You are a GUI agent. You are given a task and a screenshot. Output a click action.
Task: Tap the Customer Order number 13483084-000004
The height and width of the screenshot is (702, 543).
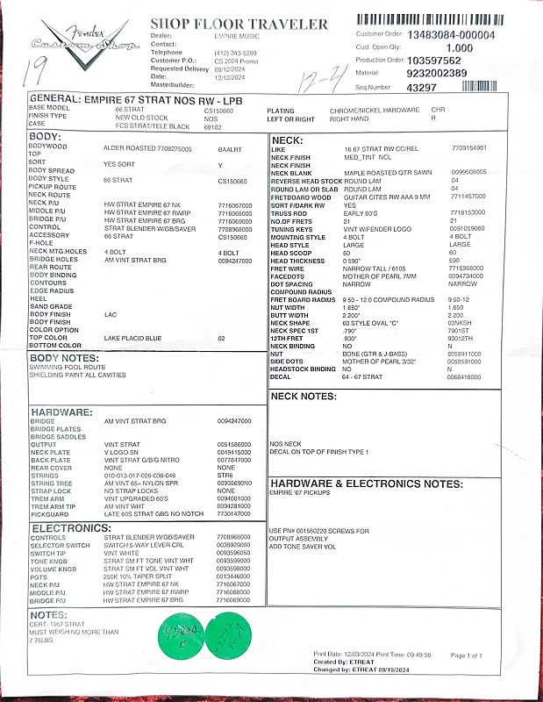(451, 35)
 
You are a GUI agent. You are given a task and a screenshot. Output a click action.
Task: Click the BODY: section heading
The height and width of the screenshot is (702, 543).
(46, 137)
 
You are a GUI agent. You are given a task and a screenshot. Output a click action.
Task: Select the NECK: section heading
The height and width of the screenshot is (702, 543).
(288, 140)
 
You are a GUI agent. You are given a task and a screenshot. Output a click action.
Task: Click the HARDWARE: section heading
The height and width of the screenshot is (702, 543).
(61, 412)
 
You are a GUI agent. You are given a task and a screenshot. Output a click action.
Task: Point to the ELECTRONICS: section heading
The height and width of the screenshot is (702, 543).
(70, 528)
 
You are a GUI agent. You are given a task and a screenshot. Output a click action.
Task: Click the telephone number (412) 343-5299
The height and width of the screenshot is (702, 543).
(233, 53)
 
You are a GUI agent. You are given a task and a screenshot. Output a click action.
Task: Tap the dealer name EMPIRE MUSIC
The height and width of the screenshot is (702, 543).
(237, 36)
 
